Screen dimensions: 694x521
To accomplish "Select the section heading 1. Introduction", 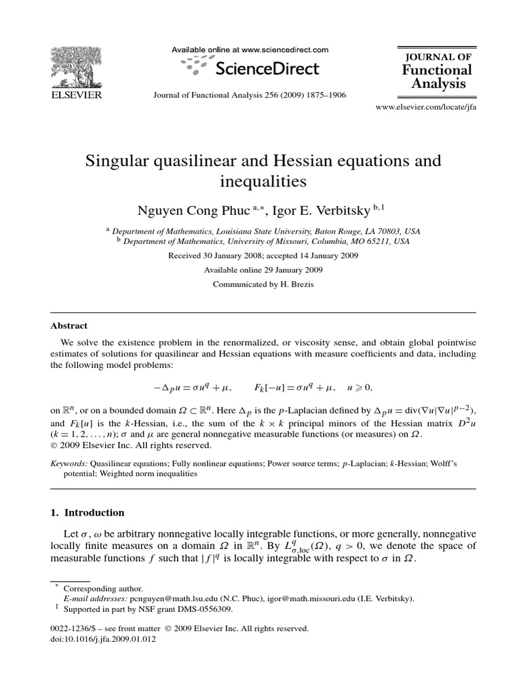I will click(88, 512).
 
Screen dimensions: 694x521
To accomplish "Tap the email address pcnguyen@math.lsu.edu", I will click(167, 599).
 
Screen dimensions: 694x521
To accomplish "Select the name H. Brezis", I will click(296, 285).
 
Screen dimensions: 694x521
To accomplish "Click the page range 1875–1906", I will click(321, 96).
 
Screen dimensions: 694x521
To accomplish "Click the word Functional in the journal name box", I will click(438, 70).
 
